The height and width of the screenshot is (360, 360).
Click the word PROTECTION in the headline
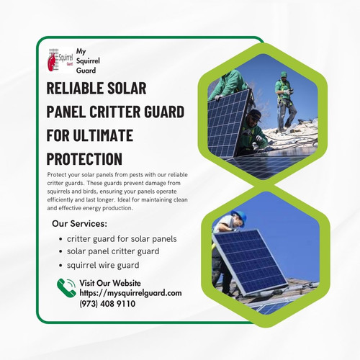pos(84,158)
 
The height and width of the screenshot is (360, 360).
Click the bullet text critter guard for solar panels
pos(120,238)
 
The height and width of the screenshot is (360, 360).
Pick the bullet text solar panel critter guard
pos(112,251)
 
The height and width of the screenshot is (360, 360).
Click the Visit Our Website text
pos(110,283)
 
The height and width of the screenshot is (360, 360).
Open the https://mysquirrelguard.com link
pos(130,293)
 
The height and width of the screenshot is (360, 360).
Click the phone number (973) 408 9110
pos(107,304)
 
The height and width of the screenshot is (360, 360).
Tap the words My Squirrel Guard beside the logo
pos(89,60)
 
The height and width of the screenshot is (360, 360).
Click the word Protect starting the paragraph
pos(57,175)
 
